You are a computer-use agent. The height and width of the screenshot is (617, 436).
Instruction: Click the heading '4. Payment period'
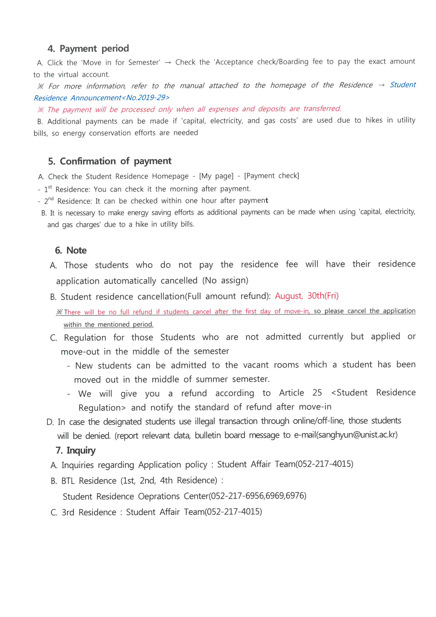pos(88,49)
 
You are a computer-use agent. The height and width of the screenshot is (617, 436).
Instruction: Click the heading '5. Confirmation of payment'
pos(110,161)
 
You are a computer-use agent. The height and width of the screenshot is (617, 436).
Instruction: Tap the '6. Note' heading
pos(71,250)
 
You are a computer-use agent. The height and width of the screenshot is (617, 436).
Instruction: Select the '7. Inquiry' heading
pos(75,450)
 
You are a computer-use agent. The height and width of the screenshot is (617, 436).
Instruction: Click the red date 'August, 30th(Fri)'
pos(306,296)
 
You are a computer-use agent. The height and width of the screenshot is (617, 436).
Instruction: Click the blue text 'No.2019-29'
pos(147,98)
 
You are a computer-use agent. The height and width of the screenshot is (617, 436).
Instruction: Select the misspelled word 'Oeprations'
pos(159,496)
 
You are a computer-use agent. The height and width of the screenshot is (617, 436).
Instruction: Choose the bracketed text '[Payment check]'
pos(271,176)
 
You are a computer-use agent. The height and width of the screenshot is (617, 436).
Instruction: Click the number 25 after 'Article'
pos(317,393)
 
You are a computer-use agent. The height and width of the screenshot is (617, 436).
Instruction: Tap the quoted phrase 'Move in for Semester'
pos(121,63)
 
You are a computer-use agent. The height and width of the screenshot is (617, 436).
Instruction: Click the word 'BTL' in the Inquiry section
pos(68,481)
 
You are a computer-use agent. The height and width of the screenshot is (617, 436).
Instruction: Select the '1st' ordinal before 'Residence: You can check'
pos(48,189)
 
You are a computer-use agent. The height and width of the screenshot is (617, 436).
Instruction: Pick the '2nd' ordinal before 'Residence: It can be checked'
pos(49,201)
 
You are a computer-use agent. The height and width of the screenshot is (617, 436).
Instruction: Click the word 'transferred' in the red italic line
pos(322,108)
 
